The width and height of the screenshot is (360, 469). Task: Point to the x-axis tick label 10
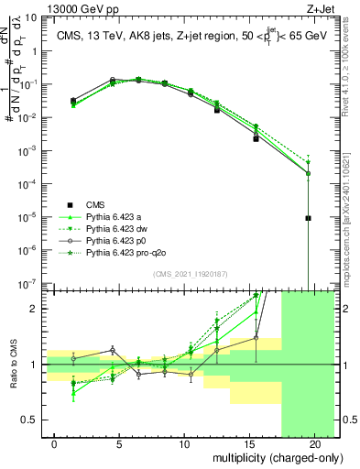point(185,443)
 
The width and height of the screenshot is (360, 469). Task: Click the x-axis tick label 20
point(314,443)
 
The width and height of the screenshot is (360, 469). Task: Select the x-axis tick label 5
point(120,443)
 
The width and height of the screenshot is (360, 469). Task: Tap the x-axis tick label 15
point(249,443)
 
